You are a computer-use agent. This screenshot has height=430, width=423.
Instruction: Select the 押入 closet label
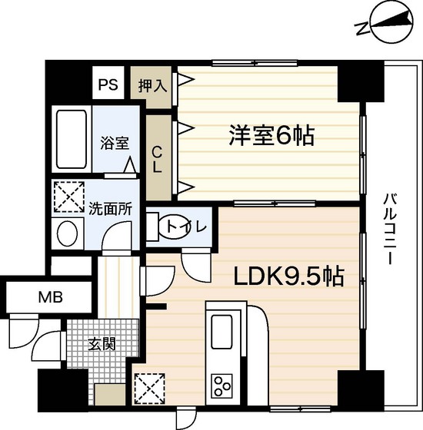[152, 84]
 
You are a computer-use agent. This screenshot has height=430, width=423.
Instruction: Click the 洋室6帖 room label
[271, 136]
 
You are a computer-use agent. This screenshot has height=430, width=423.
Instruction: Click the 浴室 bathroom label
[113, 142]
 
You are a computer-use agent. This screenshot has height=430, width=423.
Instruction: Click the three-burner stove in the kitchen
[222, 382]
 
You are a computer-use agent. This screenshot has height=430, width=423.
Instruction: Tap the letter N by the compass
[361, 29]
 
